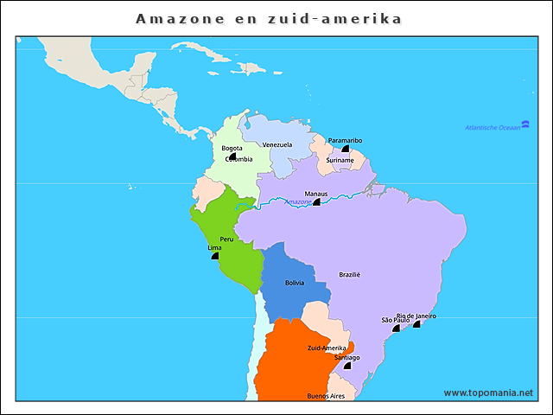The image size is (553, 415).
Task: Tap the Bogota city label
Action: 232,148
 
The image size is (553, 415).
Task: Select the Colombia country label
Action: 238,159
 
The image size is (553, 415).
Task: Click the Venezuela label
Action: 277,144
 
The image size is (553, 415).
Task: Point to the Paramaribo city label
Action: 345,140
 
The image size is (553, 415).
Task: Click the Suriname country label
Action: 340,160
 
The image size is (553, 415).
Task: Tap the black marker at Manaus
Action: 316,201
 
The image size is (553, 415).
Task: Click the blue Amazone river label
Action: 297,202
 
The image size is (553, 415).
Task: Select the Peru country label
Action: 226,239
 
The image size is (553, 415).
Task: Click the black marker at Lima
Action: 214,256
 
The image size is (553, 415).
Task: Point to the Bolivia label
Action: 295,283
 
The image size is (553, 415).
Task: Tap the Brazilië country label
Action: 349,275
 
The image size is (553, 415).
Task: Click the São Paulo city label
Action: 396,320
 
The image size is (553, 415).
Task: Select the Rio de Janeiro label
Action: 416,316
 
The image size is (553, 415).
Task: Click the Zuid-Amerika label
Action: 327,348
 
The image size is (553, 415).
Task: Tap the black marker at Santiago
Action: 347,366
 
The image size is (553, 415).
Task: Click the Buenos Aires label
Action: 326,396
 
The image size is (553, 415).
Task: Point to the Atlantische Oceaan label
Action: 493,128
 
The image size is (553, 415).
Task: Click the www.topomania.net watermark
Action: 488,393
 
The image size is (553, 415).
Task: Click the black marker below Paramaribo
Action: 345,149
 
